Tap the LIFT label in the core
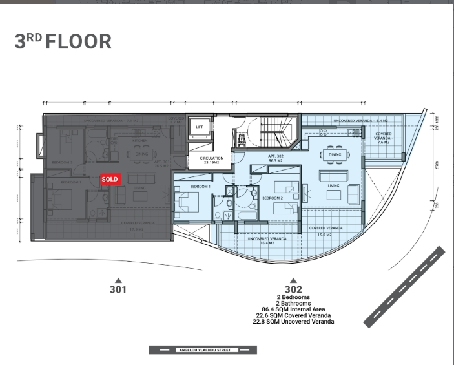click(200, 127)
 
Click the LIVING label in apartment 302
click(334, 185)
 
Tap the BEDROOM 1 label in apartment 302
click(201, 186)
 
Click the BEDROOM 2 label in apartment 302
click(273, 197)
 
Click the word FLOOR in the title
click(78, 41)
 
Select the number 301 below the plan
click(118, 290)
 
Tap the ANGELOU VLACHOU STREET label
click(203, 350)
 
